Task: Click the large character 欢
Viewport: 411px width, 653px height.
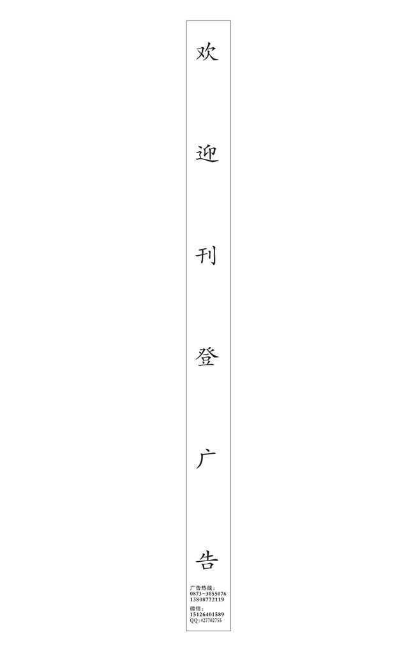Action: pos(207,52)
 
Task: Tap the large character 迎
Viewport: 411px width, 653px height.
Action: pos(207,154)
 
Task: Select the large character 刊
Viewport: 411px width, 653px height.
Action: pos(206,256)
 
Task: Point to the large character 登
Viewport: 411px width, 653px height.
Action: pos(207,357)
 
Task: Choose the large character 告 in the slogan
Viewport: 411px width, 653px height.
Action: pos(207,560)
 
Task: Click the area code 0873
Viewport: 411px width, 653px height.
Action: pos(195,594)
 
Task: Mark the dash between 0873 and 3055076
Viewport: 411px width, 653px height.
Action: pos(204,594)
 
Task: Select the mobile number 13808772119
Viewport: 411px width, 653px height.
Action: pos(207,599)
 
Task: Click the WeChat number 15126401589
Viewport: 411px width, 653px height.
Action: pos(207,614)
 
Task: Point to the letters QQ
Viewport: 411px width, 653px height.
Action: pos(193,620)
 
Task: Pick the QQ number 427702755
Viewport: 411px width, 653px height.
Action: pos(211,620)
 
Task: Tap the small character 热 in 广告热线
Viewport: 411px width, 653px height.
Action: pos(204,588)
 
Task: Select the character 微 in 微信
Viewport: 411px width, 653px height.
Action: pos(193,608)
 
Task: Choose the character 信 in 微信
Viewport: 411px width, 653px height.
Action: pos(198,608)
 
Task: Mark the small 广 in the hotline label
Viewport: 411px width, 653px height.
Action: pos(193,588)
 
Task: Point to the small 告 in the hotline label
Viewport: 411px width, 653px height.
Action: pos(198,588)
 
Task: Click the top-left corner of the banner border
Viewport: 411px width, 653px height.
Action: pos(186,20)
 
